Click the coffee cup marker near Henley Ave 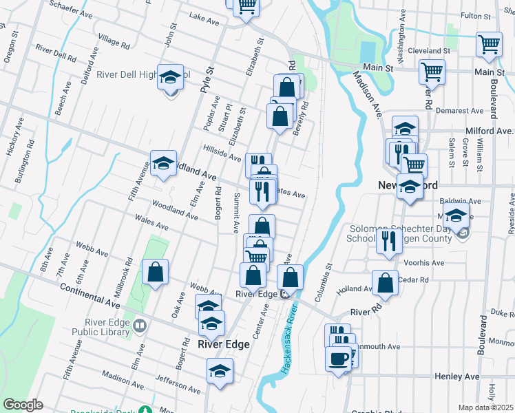tap(338, 359)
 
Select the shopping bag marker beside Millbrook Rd tap(156, 271)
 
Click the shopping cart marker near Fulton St tap(489, 44)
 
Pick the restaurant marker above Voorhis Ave tap(389, 241)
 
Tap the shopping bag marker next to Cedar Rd tap(385, 282)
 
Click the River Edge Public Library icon tap(140, 324)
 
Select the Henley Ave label tap(457, 377)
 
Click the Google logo tap(23, 405)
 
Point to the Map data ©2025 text tap(485, 407)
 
